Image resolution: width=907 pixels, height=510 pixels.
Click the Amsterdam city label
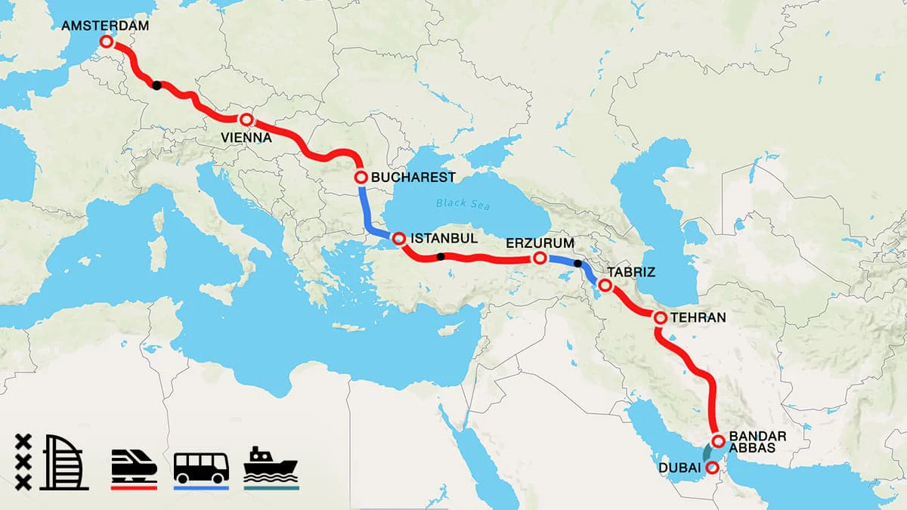tap(105, 25)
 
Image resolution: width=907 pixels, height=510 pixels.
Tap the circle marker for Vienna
tap(246, 120)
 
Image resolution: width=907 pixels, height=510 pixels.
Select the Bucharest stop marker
tap(361, 178)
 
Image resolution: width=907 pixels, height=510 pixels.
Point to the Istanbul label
tap(444, 238)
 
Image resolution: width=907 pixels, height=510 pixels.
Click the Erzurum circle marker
tap(540, 258)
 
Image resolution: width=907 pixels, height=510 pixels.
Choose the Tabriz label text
tap(630, 272)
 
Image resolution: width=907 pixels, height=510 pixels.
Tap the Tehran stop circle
tap(659, 318)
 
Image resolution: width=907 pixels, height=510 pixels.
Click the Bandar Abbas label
tap(759, 441)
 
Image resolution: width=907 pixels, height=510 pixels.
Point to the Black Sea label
tap(463, 204)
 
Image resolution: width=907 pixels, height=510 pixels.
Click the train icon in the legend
tap(134, 462)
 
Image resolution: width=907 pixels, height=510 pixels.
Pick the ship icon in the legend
tap(271, 462)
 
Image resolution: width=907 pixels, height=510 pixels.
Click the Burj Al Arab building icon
tap(66, 462)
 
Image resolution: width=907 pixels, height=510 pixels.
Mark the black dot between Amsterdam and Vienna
tap(156, 85)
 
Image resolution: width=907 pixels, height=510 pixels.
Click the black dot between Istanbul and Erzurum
tap(439, 257)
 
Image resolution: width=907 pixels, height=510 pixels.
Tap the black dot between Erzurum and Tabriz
tap(578, 264)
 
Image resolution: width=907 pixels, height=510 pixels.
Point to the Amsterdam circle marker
tap(107, 42)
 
